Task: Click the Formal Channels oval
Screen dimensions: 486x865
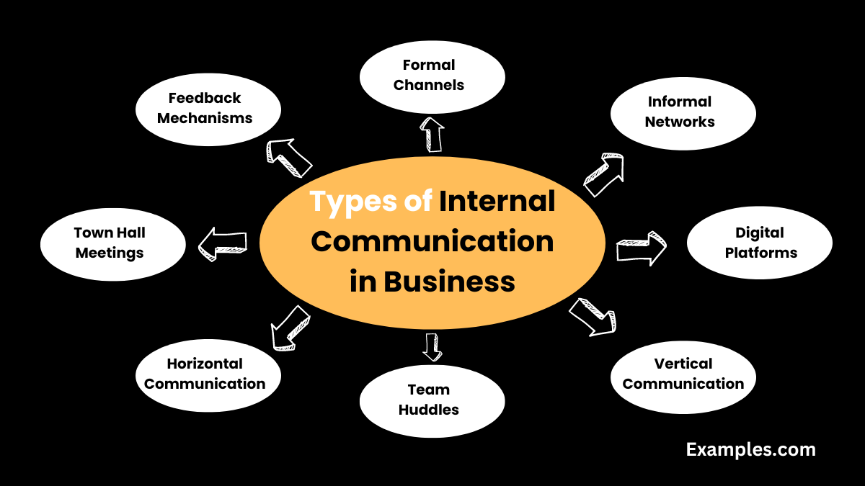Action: click(x=432, y=76)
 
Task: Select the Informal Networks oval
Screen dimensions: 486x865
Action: click(x=683, y=112)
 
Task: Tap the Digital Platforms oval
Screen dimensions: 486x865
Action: click(x=759, y=243)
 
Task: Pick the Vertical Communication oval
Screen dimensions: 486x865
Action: click(x=683, y=374)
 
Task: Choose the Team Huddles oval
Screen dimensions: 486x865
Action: click(x=432, y=400)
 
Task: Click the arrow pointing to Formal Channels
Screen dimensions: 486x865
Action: click(x=432, y=135)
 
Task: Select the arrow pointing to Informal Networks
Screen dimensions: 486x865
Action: click(x=603, y=175)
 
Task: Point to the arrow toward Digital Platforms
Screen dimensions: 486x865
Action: click(x=641, y=248)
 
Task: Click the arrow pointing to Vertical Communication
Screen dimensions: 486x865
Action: click(x=593, y=317)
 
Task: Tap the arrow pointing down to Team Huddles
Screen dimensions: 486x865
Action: click(x=432, y=346)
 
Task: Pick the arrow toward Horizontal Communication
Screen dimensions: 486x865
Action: click(x=290, y=327)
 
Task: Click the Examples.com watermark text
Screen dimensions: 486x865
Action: click(x=750, y=450)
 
